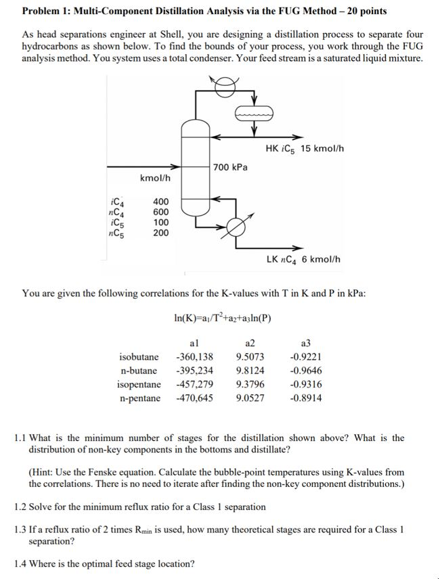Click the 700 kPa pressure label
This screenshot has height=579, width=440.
click(231, 167)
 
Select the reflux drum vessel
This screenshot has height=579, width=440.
click(254, 114)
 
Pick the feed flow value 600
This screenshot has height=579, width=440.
click(161, 212)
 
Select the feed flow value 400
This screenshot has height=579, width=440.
click(161, 202)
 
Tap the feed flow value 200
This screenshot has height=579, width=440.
click(161, 233)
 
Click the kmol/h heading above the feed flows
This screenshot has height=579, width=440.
click(155, 178)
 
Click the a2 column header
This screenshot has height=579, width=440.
click(250, 344)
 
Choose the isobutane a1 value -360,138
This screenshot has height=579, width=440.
click(194, 357)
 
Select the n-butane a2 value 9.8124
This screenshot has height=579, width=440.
click(250, 371)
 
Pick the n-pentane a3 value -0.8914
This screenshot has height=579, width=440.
click(305, 398)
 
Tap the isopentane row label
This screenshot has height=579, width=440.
click(139, 384)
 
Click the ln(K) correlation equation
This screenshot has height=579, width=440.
click(223, 318)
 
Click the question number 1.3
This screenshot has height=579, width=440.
click(22, 530)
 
